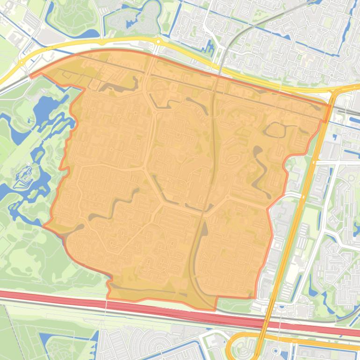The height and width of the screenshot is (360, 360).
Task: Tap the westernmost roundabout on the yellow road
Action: (x=22, y=62)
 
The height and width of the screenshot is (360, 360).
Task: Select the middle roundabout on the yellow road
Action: (x=102, y=42)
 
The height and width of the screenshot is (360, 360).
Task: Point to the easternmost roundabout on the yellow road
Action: (x=158, y=42)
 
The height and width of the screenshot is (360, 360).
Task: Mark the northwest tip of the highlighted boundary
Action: (x=30, y=75)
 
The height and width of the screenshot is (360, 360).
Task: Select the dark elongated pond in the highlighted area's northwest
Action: (x=117, y=86)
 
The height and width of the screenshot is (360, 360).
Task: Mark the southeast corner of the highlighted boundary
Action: (x=255, y=297)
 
